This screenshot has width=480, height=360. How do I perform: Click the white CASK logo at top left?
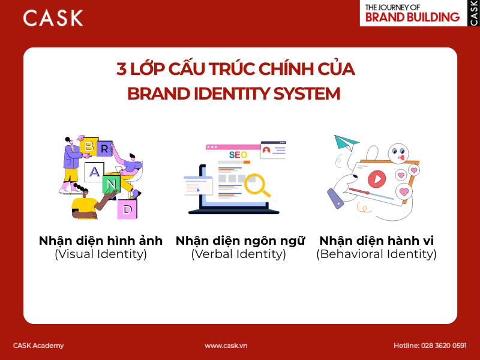coord(53,17)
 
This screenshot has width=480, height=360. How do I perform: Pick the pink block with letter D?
coord(127,209)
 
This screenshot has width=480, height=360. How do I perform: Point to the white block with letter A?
coord(94,172)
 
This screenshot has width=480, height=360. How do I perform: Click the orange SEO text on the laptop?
coord(238,155)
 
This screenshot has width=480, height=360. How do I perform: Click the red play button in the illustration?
coord(376,178)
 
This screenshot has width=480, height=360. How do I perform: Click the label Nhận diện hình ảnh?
coord(101,241)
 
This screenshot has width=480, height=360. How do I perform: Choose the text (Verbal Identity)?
coord(239,254)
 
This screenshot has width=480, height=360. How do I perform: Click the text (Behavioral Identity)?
coord(376,254)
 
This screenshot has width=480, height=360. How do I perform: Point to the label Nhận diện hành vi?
coord(376,241)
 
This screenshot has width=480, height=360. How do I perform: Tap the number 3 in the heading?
coord(121,70)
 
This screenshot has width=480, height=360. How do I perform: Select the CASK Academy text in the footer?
coord(38,346)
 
